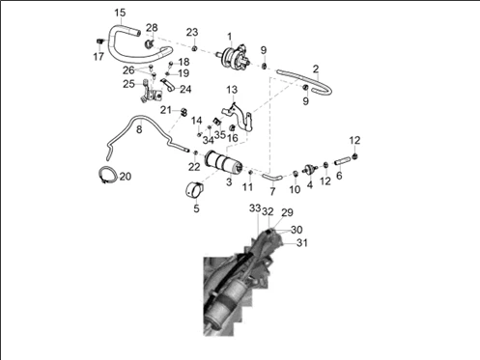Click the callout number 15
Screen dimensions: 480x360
click(x=120, y=13)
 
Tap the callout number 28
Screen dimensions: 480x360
click(x=152, y=28)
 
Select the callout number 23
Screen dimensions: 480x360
click(x=192, y=32)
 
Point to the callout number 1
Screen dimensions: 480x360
click(x=230, y=37)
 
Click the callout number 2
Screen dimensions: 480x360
click(x=316, y=69)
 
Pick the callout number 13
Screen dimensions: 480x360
click(x=232, y=90)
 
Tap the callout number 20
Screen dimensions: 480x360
click(x=126, y=177)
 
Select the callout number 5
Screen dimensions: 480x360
click(x=196, y=208)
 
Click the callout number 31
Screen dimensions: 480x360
click(x=301, y=242)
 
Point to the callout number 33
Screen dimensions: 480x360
click(x=255, y=208)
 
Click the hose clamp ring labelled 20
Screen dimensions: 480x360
click(x=107, y=176)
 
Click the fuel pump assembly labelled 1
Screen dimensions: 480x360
click(x=234, y=56)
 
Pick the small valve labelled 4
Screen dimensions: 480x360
click(x=310, y=169)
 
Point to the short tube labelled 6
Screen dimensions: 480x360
click(x=342, y=160)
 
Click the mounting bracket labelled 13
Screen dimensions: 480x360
click(x=238, y=116)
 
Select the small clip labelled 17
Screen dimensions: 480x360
click(x=100, y=41)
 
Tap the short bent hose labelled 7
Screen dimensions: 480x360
click(x=272, y=177)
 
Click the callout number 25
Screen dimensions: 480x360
click(x=128, y=84)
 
